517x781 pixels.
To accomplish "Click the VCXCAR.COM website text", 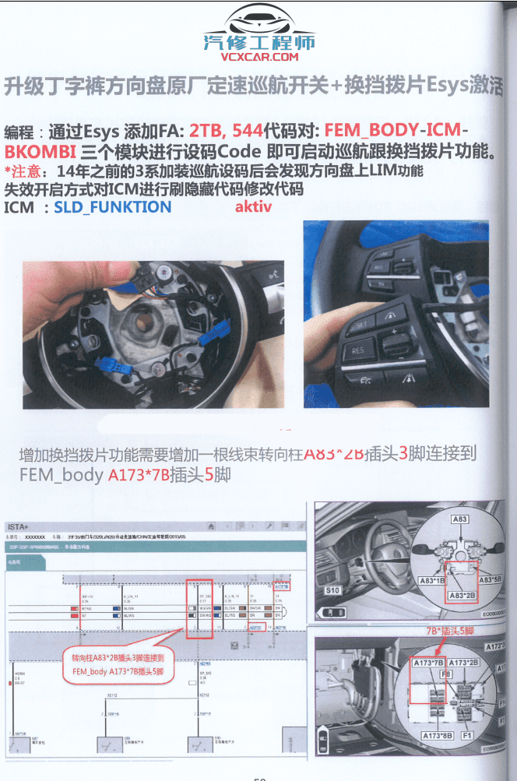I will [259, 57].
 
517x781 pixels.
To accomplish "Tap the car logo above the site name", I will [259, 22].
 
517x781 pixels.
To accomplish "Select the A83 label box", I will [459, 518].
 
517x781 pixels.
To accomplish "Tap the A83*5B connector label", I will [490, 580].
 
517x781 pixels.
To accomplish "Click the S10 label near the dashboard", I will [332, 590].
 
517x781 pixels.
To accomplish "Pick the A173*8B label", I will [438, 734].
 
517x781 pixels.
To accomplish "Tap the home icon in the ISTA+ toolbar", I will [211, 527].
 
